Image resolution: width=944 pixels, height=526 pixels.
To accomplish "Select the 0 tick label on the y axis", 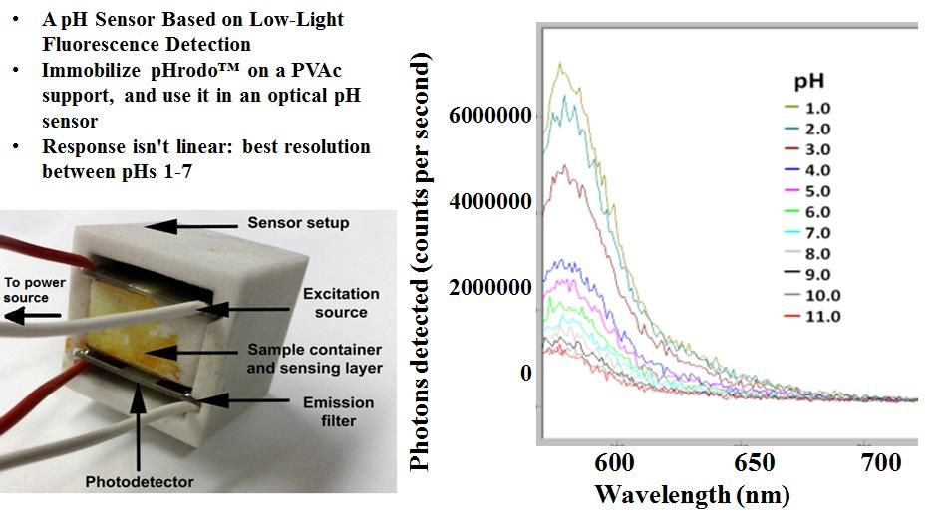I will click(x=525, y=372).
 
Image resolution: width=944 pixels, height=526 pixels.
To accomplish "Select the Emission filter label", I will click(x=340, y=411).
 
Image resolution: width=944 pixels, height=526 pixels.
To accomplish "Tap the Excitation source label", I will click(x=341, y=303).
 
